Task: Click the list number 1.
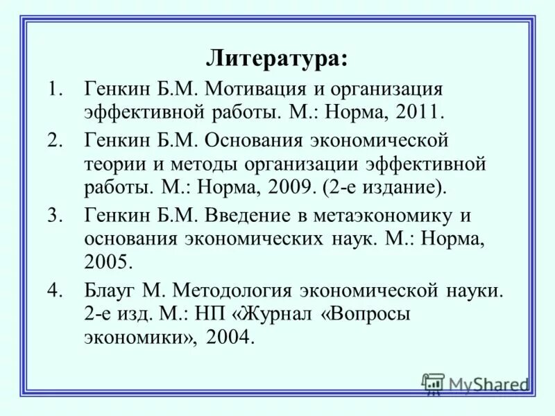coord(55,89)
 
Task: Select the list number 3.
coord(55,216)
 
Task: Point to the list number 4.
coord(55,291)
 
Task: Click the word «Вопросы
coord(365,313)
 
